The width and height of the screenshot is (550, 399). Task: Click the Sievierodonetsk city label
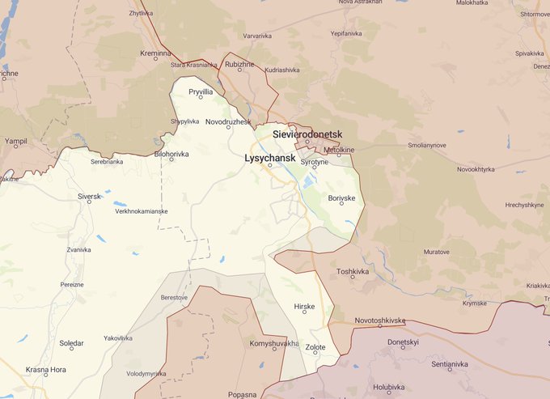(x=307, y=132)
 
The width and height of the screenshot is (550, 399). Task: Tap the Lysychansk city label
(x=269, y=159)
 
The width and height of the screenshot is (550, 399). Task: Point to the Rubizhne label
(x=239, y=63)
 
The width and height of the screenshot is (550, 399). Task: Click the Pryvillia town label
(x=201, y=92)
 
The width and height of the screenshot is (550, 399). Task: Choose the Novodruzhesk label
(x=229, y=121)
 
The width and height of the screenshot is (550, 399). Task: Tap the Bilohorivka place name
(x=171, y=152)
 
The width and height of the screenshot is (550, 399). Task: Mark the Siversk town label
(x=89, y=196)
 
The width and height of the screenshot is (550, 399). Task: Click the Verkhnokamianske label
(x=141, y=211)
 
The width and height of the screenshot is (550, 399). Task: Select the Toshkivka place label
(x=352, y=271)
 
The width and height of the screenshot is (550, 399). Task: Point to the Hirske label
(x=304, y=307)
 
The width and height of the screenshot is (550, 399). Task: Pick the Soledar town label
(x=71, y=343)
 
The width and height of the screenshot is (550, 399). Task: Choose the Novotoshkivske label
(x=379, y=320)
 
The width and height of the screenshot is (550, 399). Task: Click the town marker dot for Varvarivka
(x=257, y=42)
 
